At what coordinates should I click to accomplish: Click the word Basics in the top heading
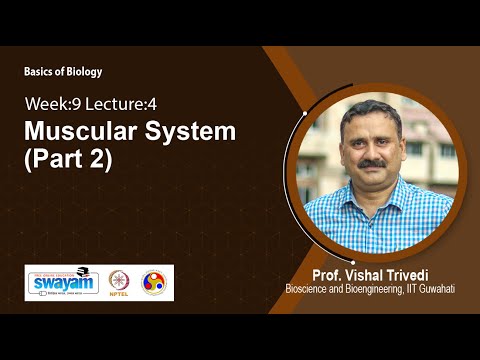click(41, 72)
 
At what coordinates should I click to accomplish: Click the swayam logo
click(62, 282)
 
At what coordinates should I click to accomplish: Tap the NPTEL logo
click(119, 283)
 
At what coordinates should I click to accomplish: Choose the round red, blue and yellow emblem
click(154, 283)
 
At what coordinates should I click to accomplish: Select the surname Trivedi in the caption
click(421, 274)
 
